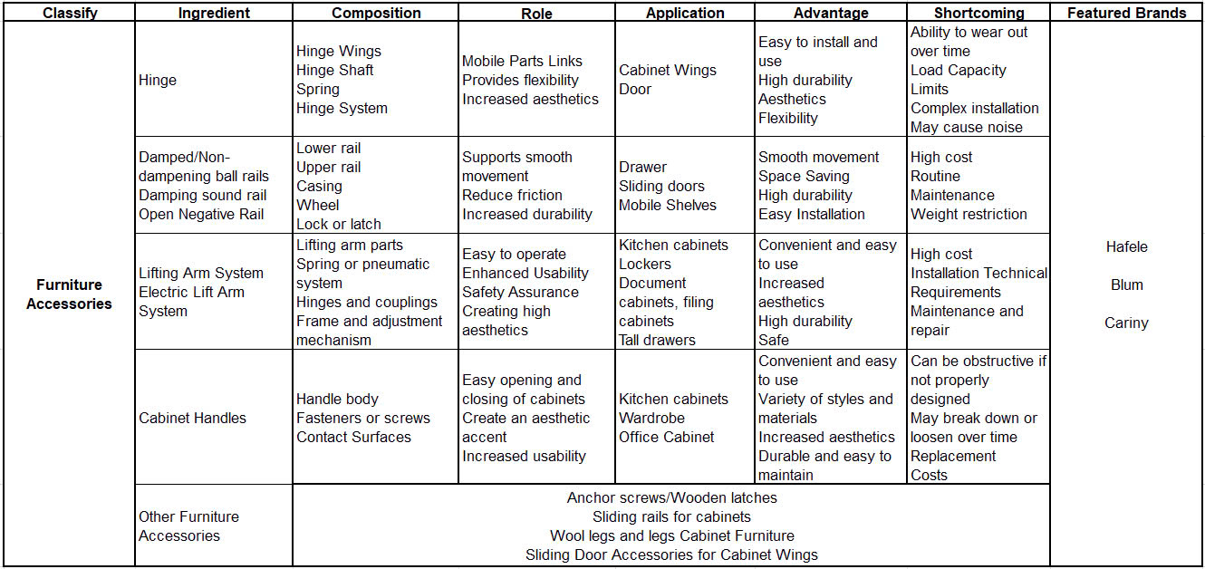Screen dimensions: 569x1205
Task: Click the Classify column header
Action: [x=70, y=13]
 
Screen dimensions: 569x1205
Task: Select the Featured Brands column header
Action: [x=1126, y=13]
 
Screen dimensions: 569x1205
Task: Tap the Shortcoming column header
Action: [x=978, y=13]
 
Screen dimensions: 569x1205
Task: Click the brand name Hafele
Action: [x=1126, y=246]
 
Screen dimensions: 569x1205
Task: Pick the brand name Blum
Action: [x=1126, y=284]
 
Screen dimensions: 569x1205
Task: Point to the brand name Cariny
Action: [x=1126, y=323]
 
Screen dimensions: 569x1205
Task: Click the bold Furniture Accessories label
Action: [x=69, y=294]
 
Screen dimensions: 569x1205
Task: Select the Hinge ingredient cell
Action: [x=158, y=80]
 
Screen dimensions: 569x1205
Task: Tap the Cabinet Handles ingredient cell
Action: [x=192, y=418]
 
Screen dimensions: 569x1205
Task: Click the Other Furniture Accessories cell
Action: [x=188, y=526]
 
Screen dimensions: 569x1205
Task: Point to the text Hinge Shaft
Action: [x=334, y=70]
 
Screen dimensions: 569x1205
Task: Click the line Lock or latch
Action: [x=339, y=224]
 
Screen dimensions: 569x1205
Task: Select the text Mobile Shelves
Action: [x=667, y=205]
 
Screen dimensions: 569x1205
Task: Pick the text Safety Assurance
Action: [x=520, y=292]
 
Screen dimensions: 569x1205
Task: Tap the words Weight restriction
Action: [x=969, y=214]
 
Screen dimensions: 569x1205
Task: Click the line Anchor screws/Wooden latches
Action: [x=671, y=497]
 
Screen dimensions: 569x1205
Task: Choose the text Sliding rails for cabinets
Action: [x=671, y=516]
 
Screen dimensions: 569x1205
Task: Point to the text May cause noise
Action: [x=966, y=127]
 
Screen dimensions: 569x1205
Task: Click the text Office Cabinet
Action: [x=666, y=437]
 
